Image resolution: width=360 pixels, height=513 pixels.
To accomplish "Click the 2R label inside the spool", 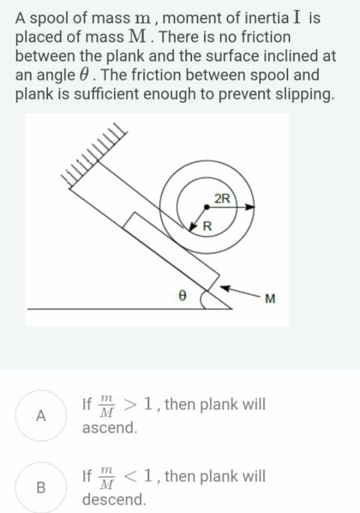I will (x=223, y=199).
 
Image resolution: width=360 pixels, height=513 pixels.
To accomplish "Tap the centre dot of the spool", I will (x=206, y=207).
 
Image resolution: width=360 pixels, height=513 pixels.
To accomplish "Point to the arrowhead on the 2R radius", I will (x=250, y=207).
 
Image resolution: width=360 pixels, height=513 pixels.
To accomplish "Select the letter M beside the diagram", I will (x=270, y=299).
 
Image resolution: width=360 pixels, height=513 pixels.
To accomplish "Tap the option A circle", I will (x=41, y=416).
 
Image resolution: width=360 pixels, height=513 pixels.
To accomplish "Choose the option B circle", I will (x=41, y=487).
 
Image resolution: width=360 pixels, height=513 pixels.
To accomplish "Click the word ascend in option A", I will (x=109, y=428).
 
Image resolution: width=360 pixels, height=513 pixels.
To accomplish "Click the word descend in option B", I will (x=114, y=499).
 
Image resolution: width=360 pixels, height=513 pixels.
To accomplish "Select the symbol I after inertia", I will (x=297, y=17).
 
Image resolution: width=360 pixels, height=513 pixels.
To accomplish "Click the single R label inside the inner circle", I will (x=207, y=226).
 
